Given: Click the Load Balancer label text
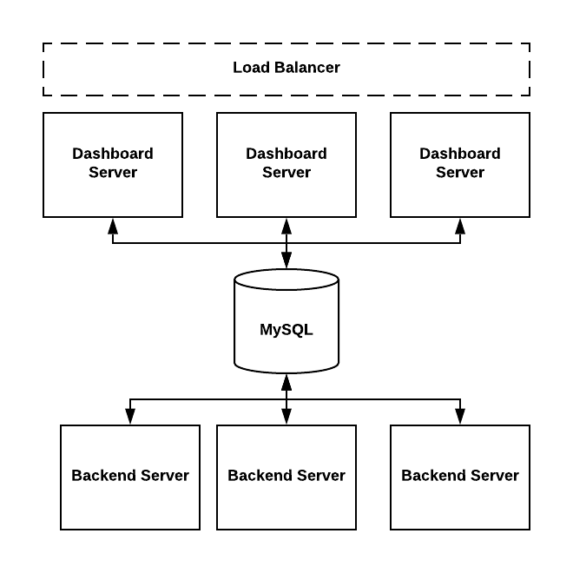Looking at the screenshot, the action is point(286,68).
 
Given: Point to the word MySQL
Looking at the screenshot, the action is point(286,330).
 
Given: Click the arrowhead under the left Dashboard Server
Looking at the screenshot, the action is point(113,227).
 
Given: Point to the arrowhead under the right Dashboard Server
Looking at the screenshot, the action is point(460,227).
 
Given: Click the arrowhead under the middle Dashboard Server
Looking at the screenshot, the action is point(286,227).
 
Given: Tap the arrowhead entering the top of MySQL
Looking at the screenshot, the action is point(286,260).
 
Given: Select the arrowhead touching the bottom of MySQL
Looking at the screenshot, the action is point(286,382).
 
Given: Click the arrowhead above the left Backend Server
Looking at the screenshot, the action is point(130,417).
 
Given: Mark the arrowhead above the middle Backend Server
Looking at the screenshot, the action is point(286,417).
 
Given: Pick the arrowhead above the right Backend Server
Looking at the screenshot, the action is point(460,417).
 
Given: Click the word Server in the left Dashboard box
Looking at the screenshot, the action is point(113,172).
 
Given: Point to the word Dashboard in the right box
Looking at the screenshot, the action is point(460,154).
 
